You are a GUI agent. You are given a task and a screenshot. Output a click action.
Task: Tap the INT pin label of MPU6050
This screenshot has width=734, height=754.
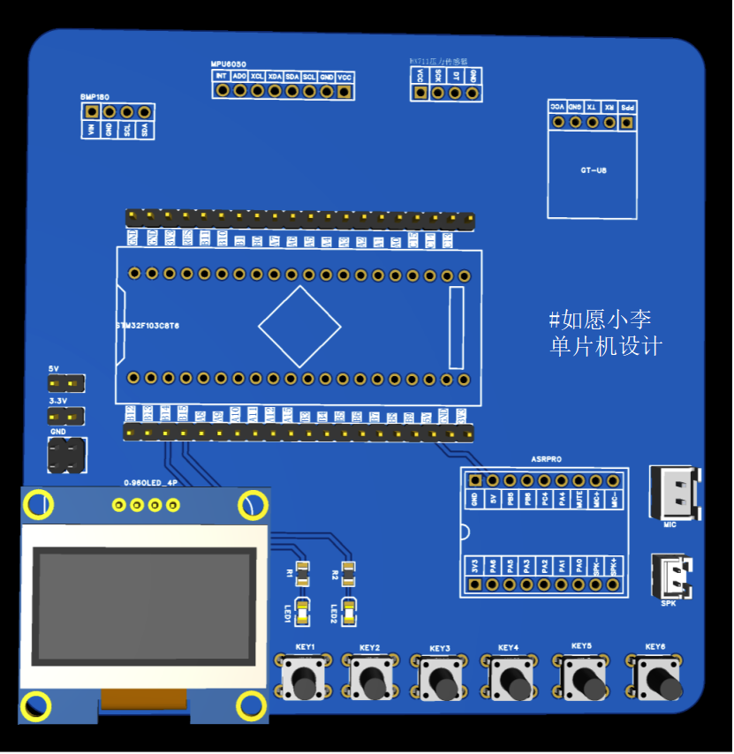click(222, 77)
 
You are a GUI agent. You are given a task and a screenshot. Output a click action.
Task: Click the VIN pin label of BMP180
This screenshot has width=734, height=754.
click(90, 130)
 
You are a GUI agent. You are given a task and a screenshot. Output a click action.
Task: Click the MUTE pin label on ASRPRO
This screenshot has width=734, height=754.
click(579, 500)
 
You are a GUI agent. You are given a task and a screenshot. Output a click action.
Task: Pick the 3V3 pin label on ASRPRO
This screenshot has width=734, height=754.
click(475, 564)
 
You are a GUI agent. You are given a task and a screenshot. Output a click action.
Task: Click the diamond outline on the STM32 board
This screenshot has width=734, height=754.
click(299, 326)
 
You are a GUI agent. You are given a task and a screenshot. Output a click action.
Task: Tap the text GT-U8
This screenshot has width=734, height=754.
click(593, 170)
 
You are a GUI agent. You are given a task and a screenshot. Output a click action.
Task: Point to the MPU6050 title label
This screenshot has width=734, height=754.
click(229, 64)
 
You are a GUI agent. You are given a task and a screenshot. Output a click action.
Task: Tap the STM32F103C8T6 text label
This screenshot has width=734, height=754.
click(148, 326)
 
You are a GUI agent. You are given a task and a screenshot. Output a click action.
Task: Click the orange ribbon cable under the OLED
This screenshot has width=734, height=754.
click(144, 699)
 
